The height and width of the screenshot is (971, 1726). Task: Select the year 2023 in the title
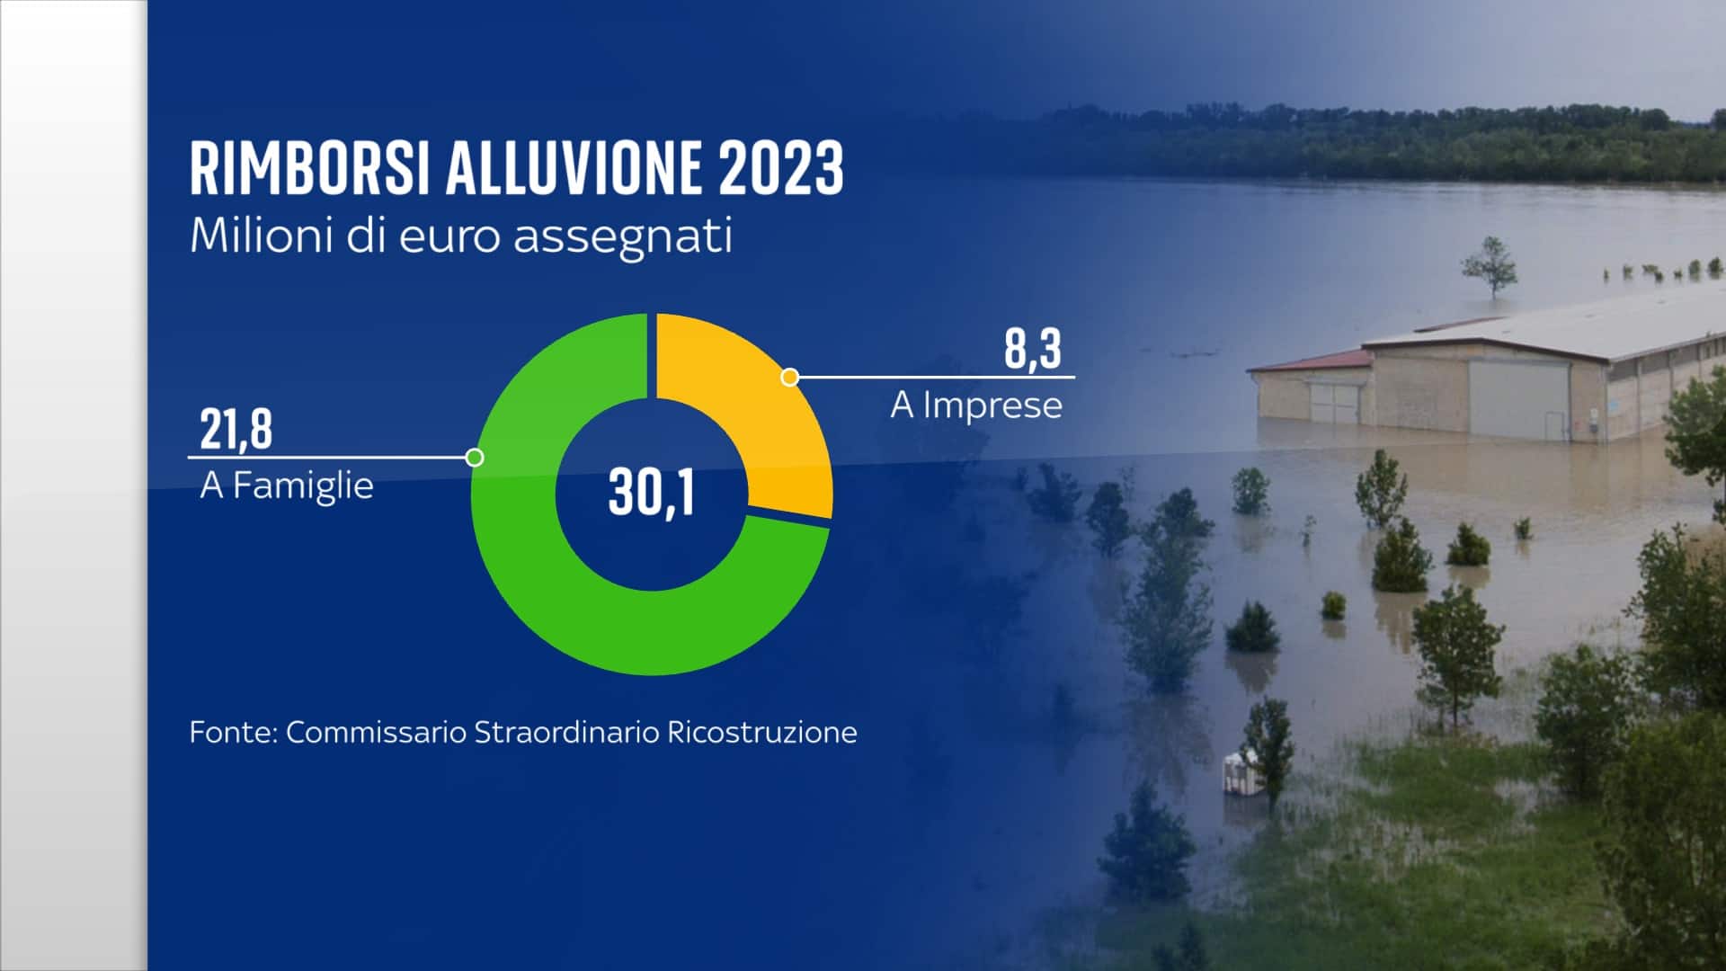(781, 168)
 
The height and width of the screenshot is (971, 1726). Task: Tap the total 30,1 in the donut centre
(652, 493)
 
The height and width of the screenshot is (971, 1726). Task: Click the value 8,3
(1033, 349)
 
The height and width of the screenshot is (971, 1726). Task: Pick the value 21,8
(236, 429)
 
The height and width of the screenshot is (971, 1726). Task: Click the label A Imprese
(976, 405)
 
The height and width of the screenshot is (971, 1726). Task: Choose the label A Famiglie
(287, 485)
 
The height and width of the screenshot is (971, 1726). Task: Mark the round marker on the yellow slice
(790, 378)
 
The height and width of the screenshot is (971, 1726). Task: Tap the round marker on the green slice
(476, 458)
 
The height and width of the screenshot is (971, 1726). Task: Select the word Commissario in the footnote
(377, 732)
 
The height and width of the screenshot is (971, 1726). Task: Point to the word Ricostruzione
(762, 732)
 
